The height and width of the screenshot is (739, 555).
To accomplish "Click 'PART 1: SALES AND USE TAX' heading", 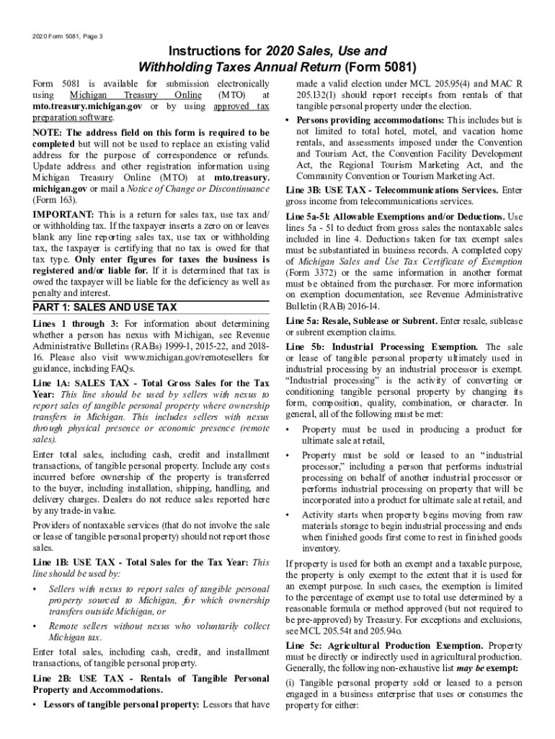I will (105, 307).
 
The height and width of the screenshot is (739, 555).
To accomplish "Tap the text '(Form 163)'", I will (58, 199).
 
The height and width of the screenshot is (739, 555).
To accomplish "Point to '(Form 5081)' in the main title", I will (381, 68).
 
